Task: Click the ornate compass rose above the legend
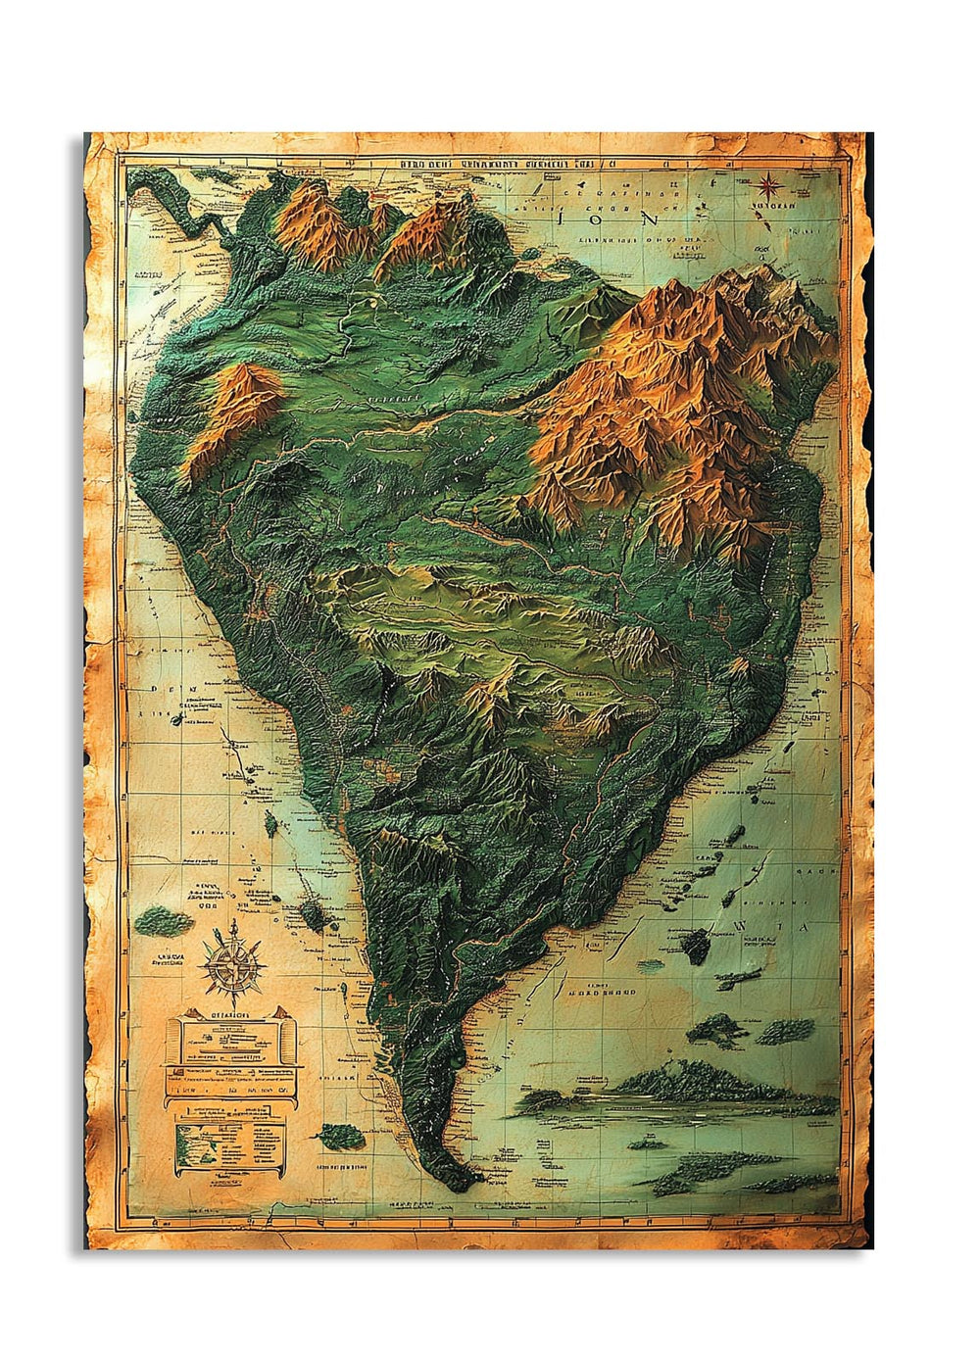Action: coord(233,964)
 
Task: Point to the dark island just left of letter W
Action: coord(697,945)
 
